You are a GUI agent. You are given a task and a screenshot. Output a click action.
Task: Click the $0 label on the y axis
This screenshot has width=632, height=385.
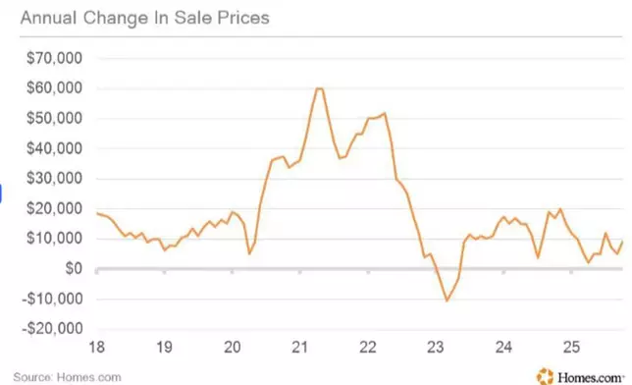[x=72, y=269]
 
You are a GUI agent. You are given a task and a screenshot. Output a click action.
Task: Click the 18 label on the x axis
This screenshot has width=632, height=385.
[x=97, y=347]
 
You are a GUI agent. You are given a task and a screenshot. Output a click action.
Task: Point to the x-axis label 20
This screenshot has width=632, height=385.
[x=233, y=347]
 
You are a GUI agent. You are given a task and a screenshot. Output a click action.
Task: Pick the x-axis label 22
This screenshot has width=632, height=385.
[x=368, y=347]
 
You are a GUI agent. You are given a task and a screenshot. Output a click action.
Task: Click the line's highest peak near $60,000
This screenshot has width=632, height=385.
[x=319, y=89]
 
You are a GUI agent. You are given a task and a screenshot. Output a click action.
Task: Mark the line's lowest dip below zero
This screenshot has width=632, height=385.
[x=447, y=300]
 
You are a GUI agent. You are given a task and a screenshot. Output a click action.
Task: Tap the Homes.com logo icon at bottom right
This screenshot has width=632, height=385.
[x=545, y=374]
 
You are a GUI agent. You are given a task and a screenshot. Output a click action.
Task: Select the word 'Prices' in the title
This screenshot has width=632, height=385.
[x=245, y=18]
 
